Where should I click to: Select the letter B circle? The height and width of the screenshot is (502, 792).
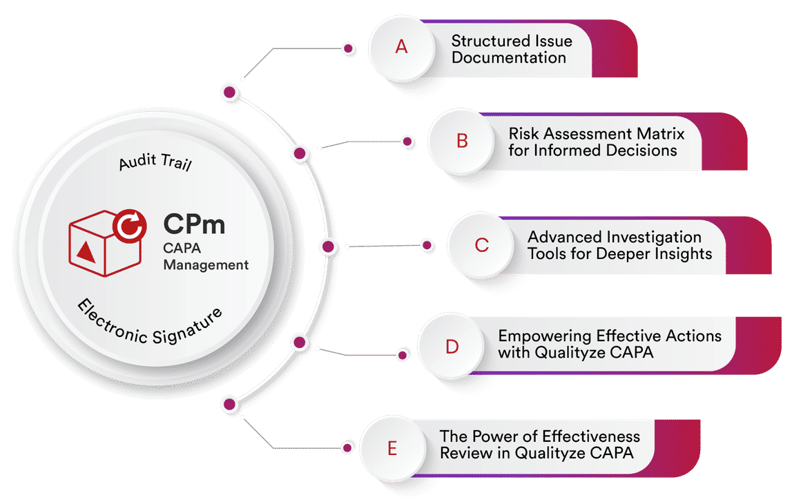[x=462, y=141]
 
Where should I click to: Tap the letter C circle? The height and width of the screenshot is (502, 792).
[x=481, y=244]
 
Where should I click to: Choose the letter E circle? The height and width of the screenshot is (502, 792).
[x=392, y=450]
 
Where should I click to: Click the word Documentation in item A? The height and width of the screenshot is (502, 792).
[x=509, y=58]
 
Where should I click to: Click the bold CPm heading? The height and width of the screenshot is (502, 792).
[x=194, y=224]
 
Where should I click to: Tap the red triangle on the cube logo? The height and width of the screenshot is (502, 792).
[x=86, y=251]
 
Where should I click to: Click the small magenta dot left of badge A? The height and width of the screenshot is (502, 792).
[x=349, y=48]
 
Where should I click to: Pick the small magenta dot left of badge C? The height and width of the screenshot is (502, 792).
[x=427, y=245]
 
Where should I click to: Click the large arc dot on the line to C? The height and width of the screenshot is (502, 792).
[x=329, y=246]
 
